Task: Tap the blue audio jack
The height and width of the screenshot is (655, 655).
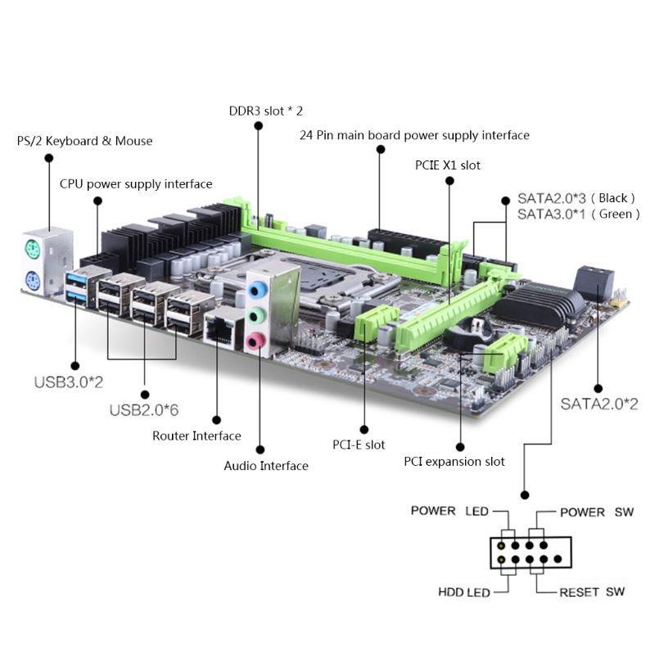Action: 259,289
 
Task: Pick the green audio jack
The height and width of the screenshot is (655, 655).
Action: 259,314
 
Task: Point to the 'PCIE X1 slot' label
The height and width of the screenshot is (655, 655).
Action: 448,165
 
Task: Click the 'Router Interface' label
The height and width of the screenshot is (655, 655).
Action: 196,436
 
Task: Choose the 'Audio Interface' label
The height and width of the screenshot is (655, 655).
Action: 266,466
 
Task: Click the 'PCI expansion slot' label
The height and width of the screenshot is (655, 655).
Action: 454,461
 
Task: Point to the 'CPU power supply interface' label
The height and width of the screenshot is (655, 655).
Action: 136,183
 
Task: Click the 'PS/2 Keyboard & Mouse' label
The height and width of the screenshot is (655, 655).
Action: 84,141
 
